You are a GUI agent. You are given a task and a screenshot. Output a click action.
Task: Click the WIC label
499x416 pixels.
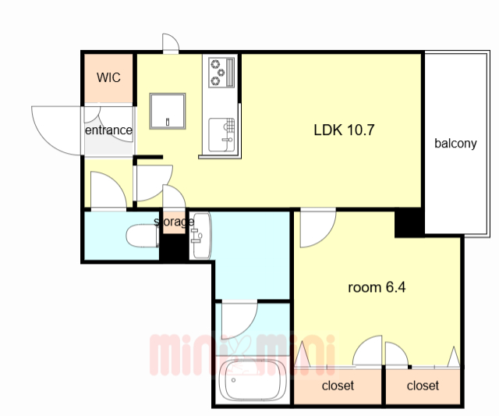[x=108, y=77]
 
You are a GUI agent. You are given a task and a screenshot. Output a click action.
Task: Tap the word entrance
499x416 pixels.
[x=108, y=130]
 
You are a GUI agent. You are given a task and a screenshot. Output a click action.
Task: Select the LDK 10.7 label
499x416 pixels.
[x=344, y=130]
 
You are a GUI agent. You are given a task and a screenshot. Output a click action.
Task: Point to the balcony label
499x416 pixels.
[x=455, y=144]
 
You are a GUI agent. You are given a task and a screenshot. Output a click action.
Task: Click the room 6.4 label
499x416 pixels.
[x=377, y=287]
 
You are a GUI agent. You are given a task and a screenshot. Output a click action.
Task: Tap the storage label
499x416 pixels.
[x=174, y=222]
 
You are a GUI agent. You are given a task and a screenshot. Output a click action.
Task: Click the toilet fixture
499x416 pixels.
[x=142, y=236]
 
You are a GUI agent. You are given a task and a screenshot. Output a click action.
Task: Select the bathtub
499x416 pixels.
[x=252, y=381]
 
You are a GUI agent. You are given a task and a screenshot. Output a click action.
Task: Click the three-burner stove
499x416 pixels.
[x=221, y=72]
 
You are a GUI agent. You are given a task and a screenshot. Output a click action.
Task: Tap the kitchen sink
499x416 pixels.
[x=221, y=135]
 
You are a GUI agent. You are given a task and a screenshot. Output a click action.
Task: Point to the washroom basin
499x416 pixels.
[x=200, y=236]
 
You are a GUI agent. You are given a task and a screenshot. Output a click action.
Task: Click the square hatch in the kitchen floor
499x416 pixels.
[x=168, y=111]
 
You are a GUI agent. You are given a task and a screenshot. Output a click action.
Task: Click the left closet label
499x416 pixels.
[x=338, y=386]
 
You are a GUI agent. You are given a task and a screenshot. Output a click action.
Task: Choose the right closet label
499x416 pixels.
[x=423, y=386]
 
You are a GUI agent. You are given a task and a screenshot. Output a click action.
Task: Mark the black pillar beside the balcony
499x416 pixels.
[x=409, y=222]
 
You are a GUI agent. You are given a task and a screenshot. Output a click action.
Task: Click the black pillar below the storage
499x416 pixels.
[x=172, y=247]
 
